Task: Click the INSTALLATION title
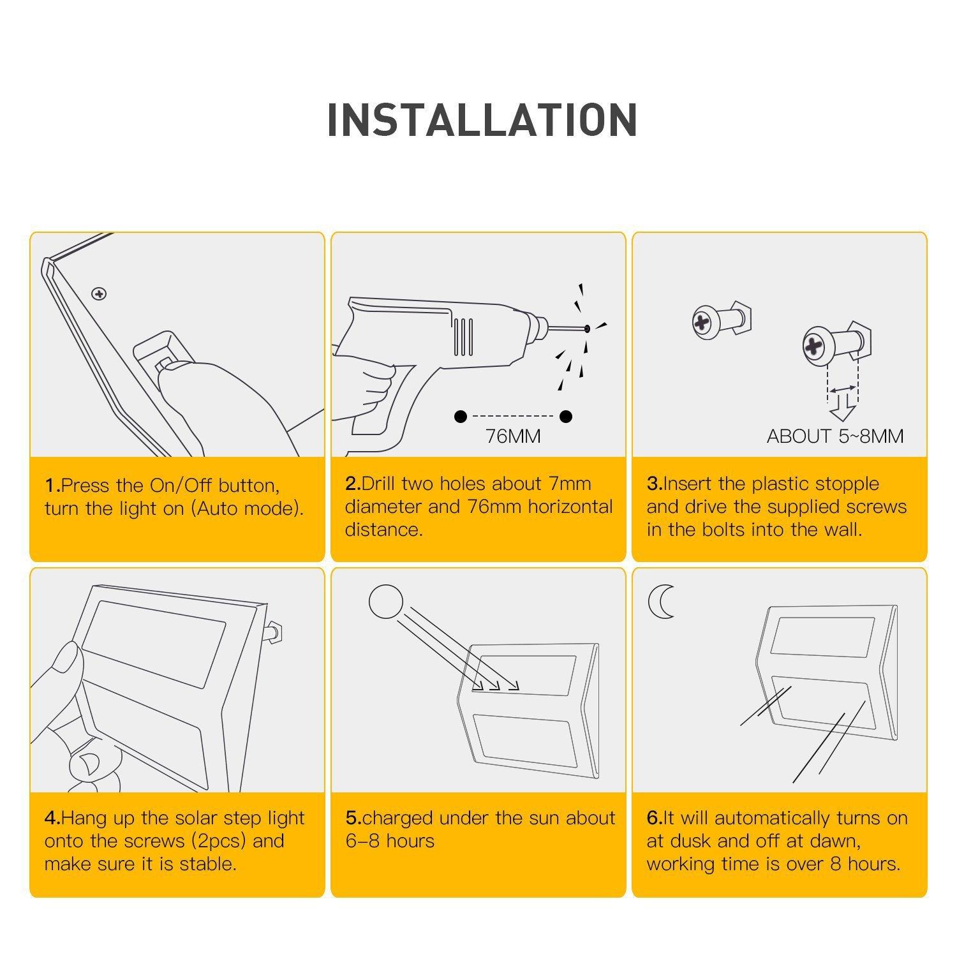click(482, 119)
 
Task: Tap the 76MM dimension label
click(513, 436)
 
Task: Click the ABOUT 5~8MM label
click(835, 436)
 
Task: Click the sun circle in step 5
click(386, 602)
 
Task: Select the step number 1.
click(52, 486)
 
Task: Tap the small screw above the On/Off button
click(99, 294)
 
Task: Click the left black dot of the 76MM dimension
click(461, 417)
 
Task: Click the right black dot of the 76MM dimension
click(566, 417)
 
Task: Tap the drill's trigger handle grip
click(383, 408)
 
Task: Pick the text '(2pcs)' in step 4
click(218, 842)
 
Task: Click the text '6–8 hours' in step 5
click(390, 841)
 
